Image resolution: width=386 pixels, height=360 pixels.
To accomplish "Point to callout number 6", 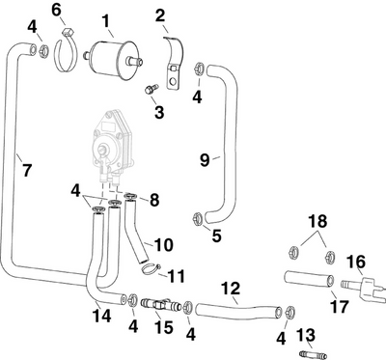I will (x=57, y=10).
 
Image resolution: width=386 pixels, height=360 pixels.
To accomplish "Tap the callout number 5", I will (x=216, y=234).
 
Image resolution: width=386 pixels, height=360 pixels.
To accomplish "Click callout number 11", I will (x=177, y=276).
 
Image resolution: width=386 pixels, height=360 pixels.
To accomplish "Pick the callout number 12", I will (x=231, y=288).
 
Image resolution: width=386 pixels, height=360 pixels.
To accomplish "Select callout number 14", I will (x=100, y=315).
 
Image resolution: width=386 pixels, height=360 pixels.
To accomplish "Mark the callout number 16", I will (x=356, y=261).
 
